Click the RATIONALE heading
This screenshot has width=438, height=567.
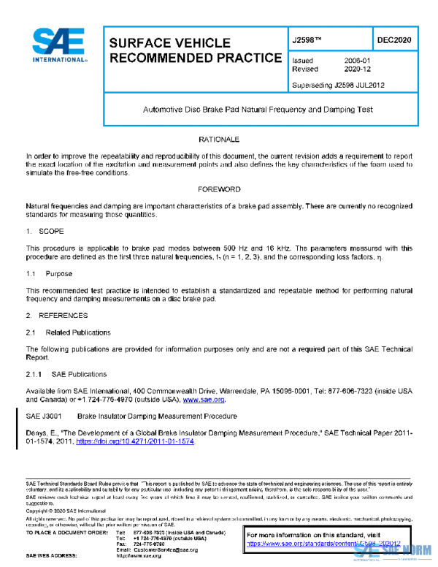click(219, 139)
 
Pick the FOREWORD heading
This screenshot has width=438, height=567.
click(219, 189)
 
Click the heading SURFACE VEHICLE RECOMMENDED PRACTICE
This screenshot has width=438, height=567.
click(195, 50)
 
